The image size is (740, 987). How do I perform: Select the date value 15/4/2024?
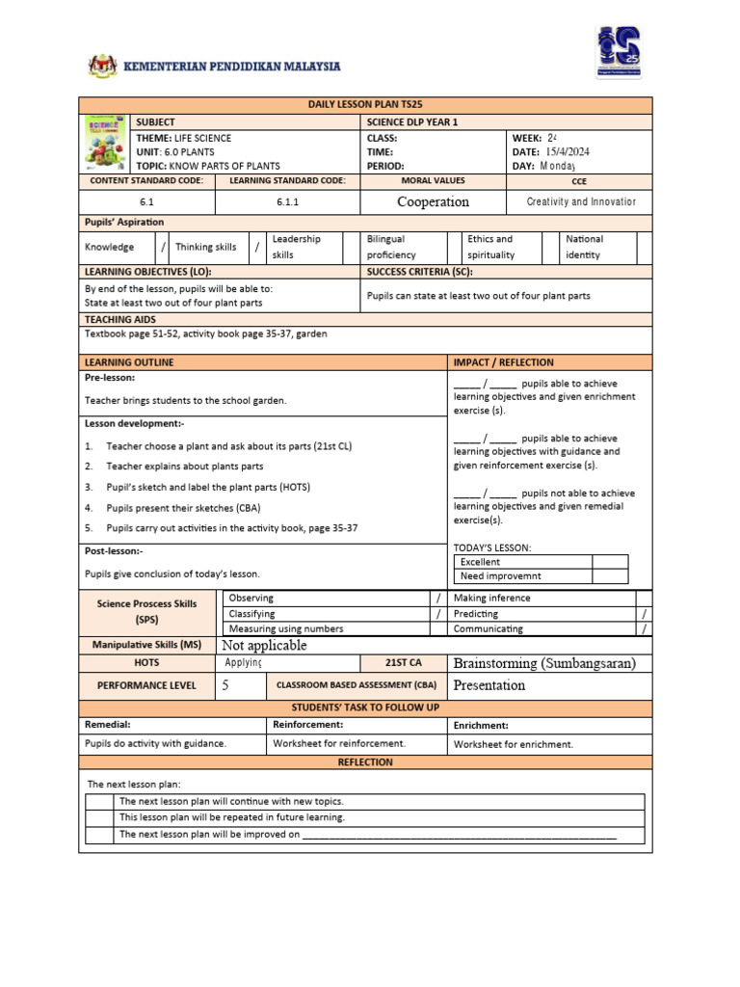(568, 151)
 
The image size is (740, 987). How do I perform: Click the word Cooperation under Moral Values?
(433, 202)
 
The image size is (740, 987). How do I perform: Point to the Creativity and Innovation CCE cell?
(581, 202)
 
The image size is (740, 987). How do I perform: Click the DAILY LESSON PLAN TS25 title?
(365, 105)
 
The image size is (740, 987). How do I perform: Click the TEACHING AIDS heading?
(120, 319)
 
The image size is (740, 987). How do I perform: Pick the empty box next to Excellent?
(609, 562)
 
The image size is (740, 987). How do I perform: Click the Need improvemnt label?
(500, 576)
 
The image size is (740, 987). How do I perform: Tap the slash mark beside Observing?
(438, 599)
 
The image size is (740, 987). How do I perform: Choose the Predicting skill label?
(476, 614)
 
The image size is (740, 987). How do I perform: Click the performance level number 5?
(225, 685)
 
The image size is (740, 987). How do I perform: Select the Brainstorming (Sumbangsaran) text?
(544, 663)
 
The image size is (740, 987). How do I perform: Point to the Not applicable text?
(264, 646)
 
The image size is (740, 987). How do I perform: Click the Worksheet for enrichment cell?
(514, 744)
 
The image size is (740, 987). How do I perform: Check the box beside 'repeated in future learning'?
(99, 817)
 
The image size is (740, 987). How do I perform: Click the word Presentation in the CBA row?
(489, 685)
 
